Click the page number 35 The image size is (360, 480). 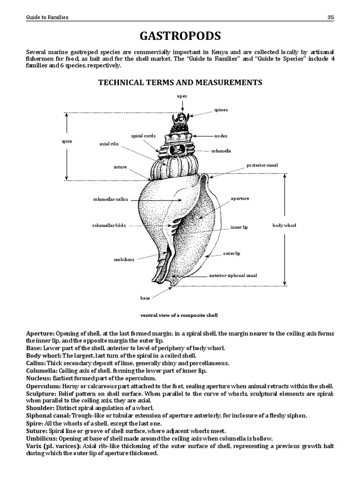pos(330,17)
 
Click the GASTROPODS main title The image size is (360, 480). pos(180,36)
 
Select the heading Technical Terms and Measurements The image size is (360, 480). pos(180,82)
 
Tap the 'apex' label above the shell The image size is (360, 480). pos(182,96)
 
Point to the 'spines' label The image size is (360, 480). pos(221,110)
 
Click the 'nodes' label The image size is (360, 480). pos(221,135)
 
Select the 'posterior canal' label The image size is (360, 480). pos(262,165)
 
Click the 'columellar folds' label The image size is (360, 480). pos(109,225)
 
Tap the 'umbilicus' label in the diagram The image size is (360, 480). pos(124,259)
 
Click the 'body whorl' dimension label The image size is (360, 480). pos(285,225)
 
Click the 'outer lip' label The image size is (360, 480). pos(232,253)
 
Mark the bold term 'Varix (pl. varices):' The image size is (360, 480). pos(53,446)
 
